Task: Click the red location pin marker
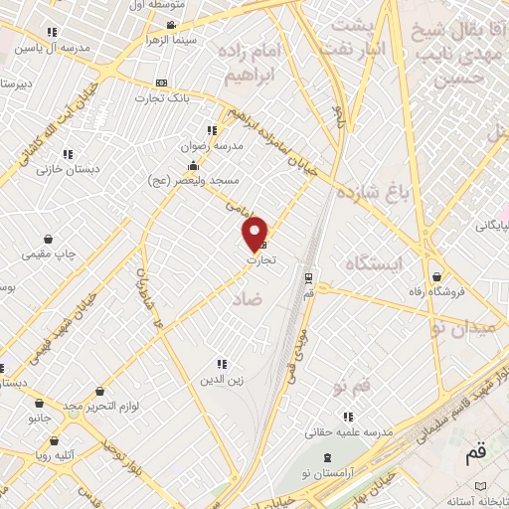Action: click(255, 234)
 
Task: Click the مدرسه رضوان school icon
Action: click(211, 130)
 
